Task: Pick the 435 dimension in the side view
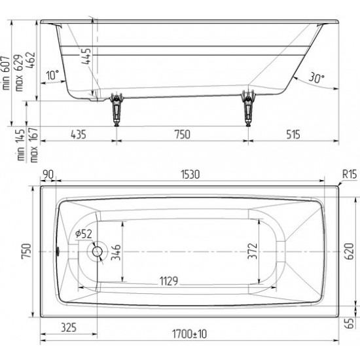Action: (x=77, y=135)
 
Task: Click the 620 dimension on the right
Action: (x=351, y=251)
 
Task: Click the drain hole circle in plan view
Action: (x=98, y=251)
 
